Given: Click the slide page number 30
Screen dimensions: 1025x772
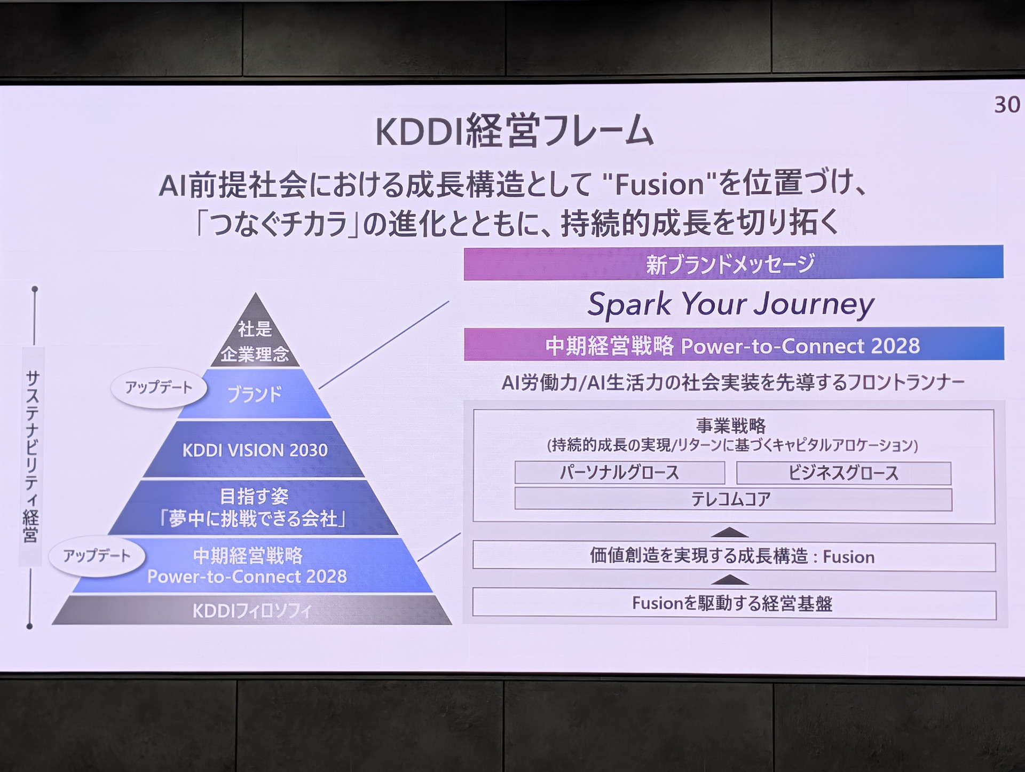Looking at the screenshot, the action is pyautogui.click(x=1007, y=105).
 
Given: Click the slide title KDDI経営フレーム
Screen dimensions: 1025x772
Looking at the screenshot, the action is pyautogui.click(x=514, y=131).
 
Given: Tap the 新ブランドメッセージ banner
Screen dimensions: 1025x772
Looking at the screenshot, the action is pyautogui.click(x=733, y=263).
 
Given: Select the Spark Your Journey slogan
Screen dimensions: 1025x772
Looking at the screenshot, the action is pyautogui.click(x=730, y=305).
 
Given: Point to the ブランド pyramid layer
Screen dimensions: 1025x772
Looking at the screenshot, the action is pyautogui.click(x=255, y=394).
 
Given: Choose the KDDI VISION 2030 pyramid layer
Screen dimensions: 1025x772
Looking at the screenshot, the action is pyautogui.click(x=255, y=450).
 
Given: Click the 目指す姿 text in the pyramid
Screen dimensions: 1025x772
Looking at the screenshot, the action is pyautogui.click(x=254, y=497).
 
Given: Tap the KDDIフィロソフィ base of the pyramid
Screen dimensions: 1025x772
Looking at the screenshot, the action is pyautogui.click(x=251, y=610).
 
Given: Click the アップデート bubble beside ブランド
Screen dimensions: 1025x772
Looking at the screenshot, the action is pyautogui.click(x=159, y=388).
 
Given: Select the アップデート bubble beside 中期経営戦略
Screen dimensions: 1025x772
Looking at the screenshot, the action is pyautogui.click(x=97, y=556).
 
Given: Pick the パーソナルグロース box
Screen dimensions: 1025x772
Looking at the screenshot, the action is pyautogui.click(x=619, y=473).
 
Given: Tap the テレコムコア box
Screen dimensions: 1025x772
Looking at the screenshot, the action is pyautogui.click(x=732, y=499).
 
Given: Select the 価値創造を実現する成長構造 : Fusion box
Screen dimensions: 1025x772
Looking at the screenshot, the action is pyautogui.click(x=734, y=557).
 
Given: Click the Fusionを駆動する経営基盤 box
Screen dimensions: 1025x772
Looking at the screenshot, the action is pyautogui.click(x=734, y=604).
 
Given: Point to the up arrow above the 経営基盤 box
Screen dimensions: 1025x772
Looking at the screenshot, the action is pyautogui.click(x=730, y=580).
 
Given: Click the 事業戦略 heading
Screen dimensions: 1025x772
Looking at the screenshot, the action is pyautogui.click(x=731, y=426).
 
